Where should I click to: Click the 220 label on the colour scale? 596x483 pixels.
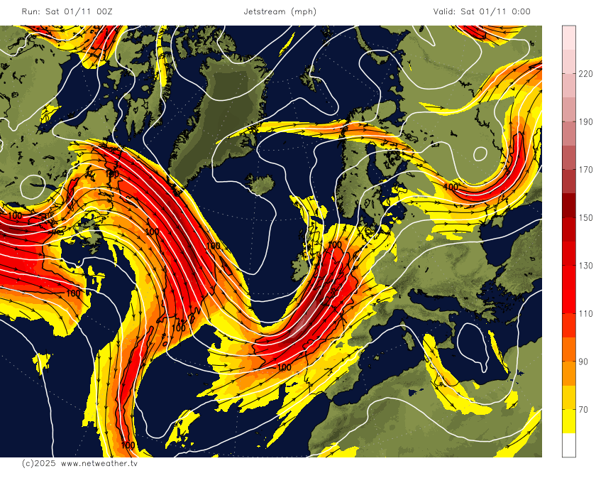click(586, 73)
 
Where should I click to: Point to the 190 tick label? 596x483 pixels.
click(586, 121)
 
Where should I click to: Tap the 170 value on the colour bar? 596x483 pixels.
click(586, 170)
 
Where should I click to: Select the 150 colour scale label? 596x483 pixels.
click(586, 217)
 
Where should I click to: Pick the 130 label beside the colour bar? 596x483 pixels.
click(586, 266)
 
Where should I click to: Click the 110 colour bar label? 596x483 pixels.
click(586, 314)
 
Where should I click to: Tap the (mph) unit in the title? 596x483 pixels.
click(304, 11)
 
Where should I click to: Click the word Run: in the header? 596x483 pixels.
click(31, 11)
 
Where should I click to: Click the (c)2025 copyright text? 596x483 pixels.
click(38, 463)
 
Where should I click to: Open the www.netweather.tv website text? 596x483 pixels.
click(99, 463)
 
